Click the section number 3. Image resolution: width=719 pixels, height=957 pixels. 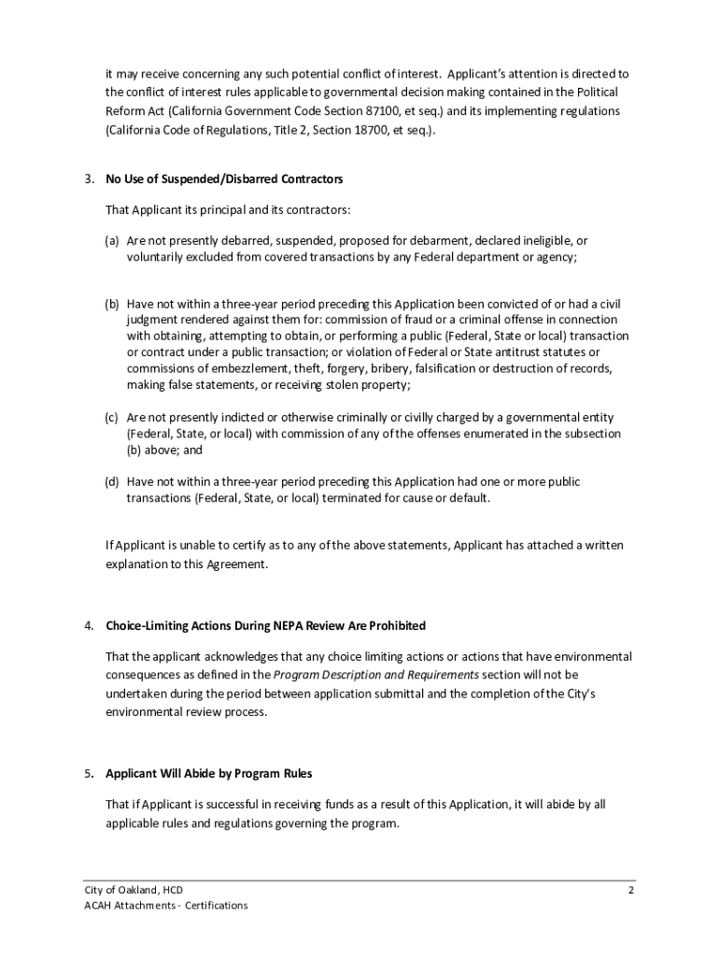(x=87, y=179)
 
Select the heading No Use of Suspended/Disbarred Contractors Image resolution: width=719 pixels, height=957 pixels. (x=224, y=179)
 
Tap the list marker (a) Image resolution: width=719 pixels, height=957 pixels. (x=111, y=240)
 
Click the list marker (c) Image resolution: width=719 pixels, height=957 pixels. (x=111, y=417)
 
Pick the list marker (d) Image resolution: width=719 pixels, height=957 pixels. (x=111, y=482)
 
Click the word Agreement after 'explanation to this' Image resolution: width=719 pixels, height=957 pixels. (x=237, y=564)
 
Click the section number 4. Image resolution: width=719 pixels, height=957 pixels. (x=87, y=625)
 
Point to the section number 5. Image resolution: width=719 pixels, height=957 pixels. (x=87, y=774)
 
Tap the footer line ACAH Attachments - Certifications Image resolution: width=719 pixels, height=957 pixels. (x=165, y=906)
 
